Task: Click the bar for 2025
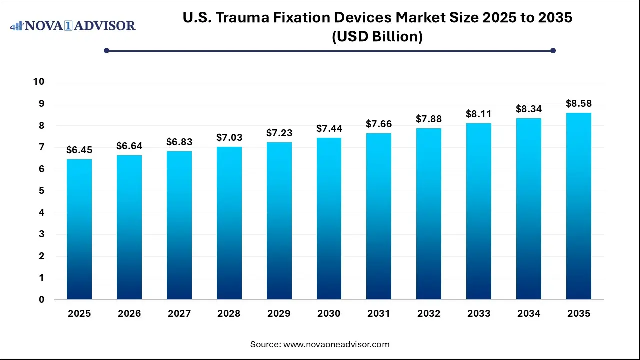pos(79,230)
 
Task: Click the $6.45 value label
pos(79,150)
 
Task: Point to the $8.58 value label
pos(579,103)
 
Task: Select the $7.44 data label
pos(329,128)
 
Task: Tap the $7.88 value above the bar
pos(429,119)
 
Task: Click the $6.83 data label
pos(179,142)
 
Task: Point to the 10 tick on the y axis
pos(39,82)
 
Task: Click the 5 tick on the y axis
pos(42,191)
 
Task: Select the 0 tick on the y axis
pos(42,300)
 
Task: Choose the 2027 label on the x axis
pos(179,314)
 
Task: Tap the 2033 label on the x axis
pos(479,314)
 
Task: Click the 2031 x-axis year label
pos(379,314)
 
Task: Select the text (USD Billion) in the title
pos(377,37)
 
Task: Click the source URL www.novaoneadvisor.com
pos(336,344)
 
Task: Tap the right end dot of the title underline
pos(553,50)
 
